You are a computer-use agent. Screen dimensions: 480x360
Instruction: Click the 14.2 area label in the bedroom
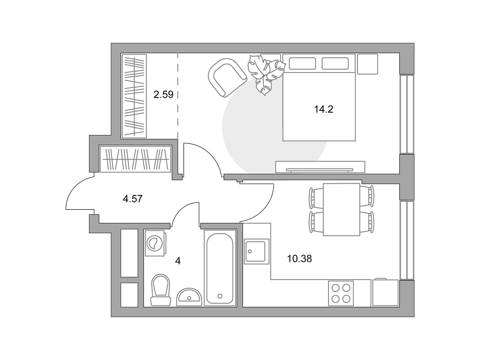click(323, 109)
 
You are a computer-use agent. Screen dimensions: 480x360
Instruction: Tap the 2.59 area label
click(163, 95)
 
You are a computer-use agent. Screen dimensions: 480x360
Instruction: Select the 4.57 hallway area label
click(133, 199)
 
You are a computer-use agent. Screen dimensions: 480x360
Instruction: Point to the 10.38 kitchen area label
click(299, 259)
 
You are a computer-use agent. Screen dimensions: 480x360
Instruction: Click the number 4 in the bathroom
click(178, 261)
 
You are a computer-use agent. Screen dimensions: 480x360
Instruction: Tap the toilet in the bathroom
click(160, 290)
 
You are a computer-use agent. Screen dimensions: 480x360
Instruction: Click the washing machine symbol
click(155, 243)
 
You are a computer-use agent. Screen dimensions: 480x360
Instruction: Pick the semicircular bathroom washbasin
click(189, 297)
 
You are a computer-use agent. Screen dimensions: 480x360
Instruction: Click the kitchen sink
click(256, 252)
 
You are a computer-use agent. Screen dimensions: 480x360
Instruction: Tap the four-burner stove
click(341, 293)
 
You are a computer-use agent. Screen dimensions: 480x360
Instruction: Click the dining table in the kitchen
click(341, 209)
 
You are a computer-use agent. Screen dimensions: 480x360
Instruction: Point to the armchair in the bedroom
click(227, 77)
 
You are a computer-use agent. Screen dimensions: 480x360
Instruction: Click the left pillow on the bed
click(302, 63)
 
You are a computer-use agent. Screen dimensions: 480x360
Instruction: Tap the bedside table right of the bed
click(368, 64)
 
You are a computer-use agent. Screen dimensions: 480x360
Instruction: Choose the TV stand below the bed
click(320, 167)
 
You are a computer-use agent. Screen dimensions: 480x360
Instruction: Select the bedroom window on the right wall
click(407, 114)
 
